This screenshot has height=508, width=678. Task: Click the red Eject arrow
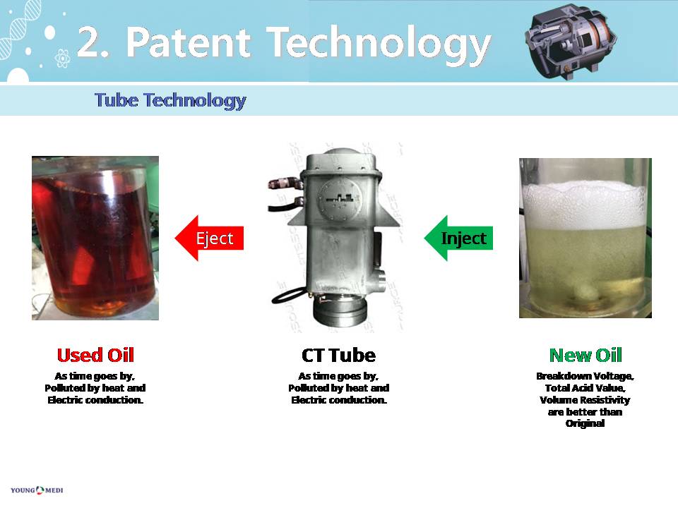click(x=210, y=238)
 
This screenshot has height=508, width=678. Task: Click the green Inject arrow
click(x=459, y=238)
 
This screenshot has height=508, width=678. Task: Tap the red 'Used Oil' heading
click(x=95, y=355)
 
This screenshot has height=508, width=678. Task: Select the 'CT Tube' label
click(x=338, y=355)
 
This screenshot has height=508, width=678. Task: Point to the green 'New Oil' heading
click(x=585, y=355)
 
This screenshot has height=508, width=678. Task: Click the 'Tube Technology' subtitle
click(x=170, y=100)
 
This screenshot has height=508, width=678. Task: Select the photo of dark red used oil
click(x=95, y=238)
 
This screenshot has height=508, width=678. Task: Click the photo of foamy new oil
click(x=585, y=238)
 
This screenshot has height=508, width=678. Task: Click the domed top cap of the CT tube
click(x=340, y=160)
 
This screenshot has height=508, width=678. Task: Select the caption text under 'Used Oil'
click(x=95, y=388)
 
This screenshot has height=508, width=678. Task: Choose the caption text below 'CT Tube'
click(x=338, y=388)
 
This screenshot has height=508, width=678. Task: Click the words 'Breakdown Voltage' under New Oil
click(x=585, y=376)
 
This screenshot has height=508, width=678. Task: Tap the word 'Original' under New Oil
click(x=585, y=424)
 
